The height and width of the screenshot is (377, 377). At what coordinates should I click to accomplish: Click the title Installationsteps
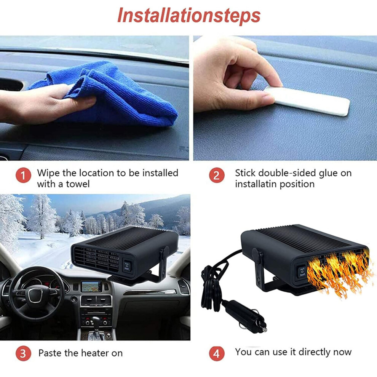[189, 16]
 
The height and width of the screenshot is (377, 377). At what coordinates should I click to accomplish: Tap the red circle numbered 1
[23, 175]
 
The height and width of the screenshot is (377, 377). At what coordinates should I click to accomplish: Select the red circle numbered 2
[216, 175]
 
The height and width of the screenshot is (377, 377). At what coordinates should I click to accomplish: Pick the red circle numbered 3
[23, 353]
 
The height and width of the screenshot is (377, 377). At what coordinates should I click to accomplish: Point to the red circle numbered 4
[216, 353]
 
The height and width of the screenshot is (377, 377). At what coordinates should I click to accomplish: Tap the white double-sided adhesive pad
[307, 101]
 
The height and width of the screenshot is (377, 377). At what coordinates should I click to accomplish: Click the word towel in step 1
[78, 184]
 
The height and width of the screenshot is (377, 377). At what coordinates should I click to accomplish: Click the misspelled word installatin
[256, 184]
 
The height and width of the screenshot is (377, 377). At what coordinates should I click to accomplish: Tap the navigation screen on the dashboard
[91, 286]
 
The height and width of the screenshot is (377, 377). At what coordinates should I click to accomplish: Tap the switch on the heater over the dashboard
[127, 265]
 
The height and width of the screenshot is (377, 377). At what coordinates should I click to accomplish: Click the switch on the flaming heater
[301, 271]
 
